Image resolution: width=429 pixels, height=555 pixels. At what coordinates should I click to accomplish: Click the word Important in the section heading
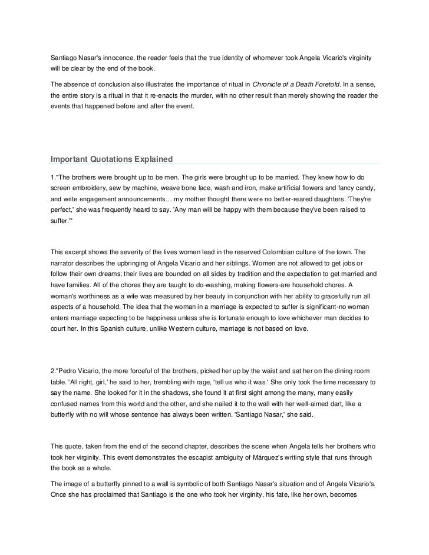pyautogui.click(x=72, y=159)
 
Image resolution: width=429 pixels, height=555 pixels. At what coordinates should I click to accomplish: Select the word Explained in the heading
pyautogui.click(x=150, y=159)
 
